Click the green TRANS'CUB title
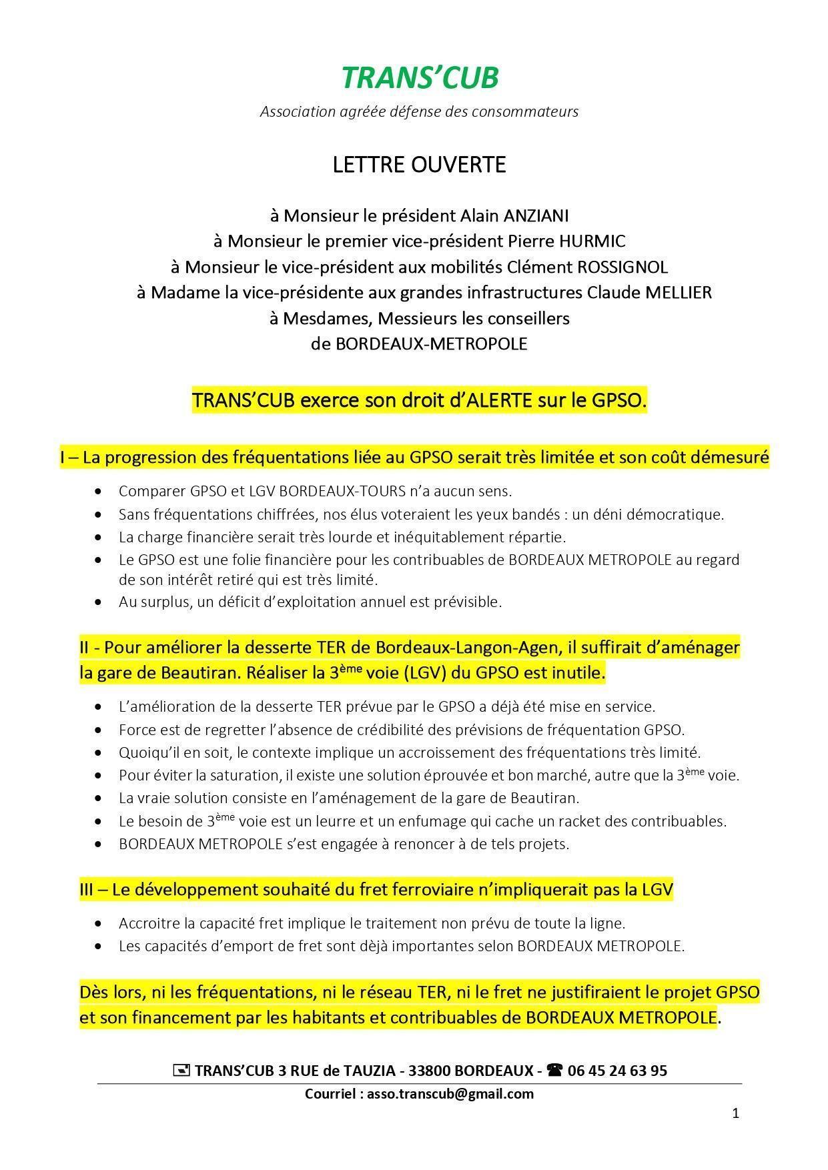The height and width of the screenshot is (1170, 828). pyautogui.click(x=420, y=78)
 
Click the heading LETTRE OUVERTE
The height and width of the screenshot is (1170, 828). pyautogui.click(x=419, y=165)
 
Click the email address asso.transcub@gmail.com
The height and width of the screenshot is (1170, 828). pyautogui.click(x=450, y=1093)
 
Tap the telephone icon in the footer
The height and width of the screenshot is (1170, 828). pyautogui.click(x=554, y=1071)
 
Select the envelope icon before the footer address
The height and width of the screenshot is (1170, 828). pyautogui.click(x=181, y=1071)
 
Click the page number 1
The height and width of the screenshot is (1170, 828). pyautogui.click(x=735, y=1113)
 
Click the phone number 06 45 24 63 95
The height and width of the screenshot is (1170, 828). pyautogui.click(x=616, y=1071)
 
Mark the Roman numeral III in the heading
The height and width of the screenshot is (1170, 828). pyautogui.click(x=87, y=890)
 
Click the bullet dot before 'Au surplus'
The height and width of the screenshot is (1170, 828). pyautogui.click(x=99, y=602)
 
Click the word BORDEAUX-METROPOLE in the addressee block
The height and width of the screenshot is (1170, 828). pyautogui.click(x=432, y=344)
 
